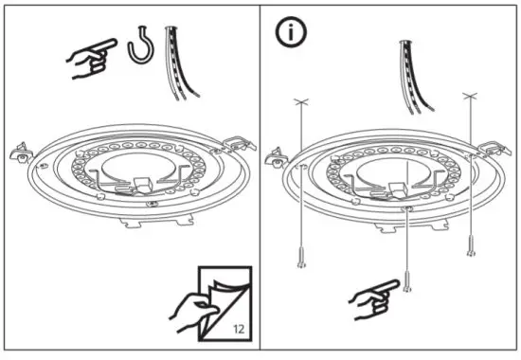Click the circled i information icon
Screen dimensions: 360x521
click(289, 31)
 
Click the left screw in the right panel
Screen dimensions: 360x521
click(300, 255)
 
